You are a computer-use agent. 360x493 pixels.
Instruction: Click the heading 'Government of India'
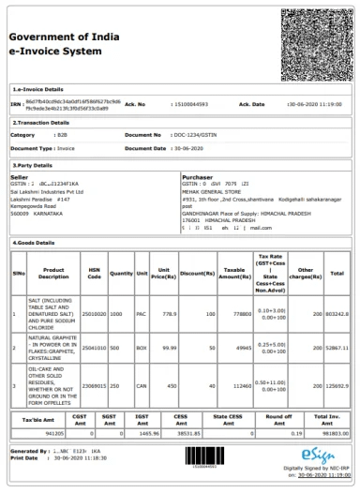pyautogui.click(x=63, y=36)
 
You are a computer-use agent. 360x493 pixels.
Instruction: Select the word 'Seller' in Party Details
pyautogui.click(x=20, y=176)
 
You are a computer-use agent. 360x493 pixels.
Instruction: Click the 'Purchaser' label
pyautogui.click(x=198, y=176)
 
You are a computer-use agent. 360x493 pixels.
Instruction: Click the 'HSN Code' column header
pyautogui.click(x=94, y=273)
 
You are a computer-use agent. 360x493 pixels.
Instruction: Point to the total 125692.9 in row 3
pyautogui.click(x=337, y=385)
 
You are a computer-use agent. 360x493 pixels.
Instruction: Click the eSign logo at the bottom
pyautogui.click(x=320, y=456)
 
